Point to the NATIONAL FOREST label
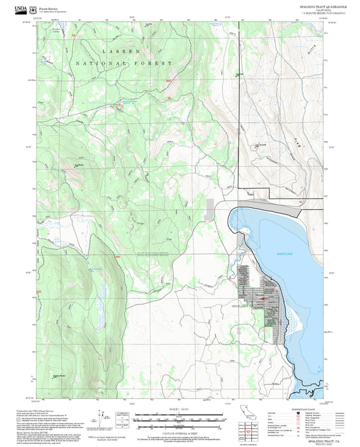124,62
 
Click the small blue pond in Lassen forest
125,103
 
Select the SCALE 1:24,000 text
180,409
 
